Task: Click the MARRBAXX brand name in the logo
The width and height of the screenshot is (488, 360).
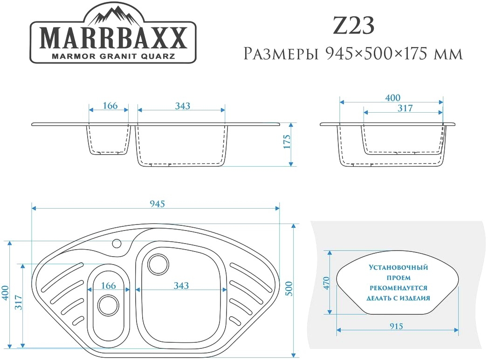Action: [x=113, y=38]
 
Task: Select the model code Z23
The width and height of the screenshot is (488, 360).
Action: [x=354, y=26]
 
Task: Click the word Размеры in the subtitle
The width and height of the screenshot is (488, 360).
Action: [x=281, y=54]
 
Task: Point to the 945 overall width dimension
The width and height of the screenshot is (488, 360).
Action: [x=157, y=204]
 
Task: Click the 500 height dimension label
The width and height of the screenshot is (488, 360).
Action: [x=289, y=288]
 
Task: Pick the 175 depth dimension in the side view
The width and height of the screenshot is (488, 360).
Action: [x=287, y=142]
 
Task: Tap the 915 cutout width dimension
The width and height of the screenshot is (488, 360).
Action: [x=396, y=326]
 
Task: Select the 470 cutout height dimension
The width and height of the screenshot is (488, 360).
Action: [x=326, y=283]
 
